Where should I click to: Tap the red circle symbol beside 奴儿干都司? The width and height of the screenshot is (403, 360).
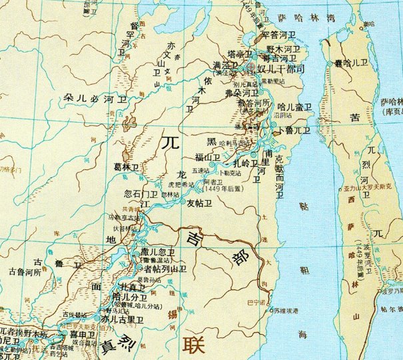pos(250,68)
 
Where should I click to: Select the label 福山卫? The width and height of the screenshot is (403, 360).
pos(207,157)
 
